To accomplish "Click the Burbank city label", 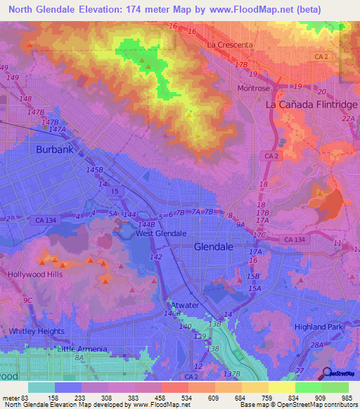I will tap(55, 150).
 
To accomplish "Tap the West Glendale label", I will tap(161, 233).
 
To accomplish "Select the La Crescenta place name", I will tap(229, 45).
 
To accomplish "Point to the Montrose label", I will tap(254, 89).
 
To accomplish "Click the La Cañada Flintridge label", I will tap(311, 104).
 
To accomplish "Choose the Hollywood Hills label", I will tap(35, 274).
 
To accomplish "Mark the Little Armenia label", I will tap(82, 349).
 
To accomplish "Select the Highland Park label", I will tap(321, 327).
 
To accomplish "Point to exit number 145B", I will tap(94, 170).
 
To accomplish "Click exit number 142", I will tap(156, 257).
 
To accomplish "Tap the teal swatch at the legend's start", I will tap(41, 387).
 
